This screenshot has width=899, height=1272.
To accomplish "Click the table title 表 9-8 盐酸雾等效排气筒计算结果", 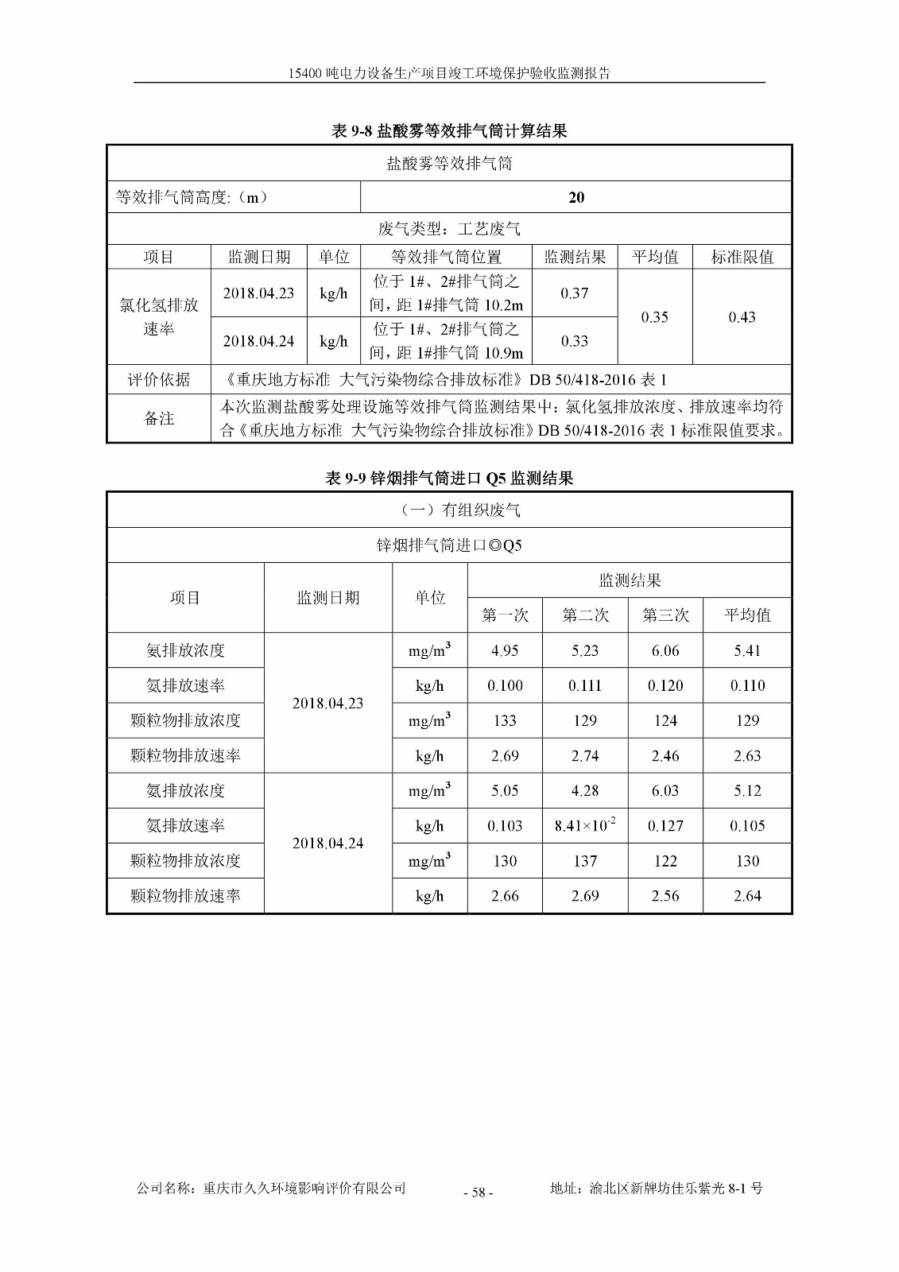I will pyautogui.click(x=449, y=131).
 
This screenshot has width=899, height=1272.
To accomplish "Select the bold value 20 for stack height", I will pyautogui.click(x=576, y=197).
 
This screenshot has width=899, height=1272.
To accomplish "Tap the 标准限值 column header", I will pyautogui.click(x=742, y=257).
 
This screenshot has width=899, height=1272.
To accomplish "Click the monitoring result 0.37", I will pyautogui.click(x=574, y=293).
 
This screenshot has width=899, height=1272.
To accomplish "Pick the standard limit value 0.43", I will pyautogui.click(x=742, y=317).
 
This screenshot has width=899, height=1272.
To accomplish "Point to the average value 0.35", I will pyautogui.click(x=654, y=317).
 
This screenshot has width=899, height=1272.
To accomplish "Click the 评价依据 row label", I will pyautogui.click(x=159, y=379).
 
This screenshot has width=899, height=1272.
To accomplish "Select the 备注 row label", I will pyautogui.click(x=159, y=418).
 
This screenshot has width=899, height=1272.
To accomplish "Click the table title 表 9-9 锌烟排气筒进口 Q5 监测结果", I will pyautogui.click(x=449, y=478).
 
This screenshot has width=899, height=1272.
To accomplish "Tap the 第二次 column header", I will pyautogui.click(x=585, y=615).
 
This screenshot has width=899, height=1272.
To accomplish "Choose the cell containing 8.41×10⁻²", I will pyautogui.click(x=585, y=825).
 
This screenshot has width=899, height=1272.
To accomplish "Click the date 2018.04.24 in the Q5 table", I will pyautogui.click(x=327, y=843).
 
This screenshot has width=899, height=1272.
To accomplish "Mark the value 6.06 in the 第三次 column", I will pyautogui.click(x=665, y=650).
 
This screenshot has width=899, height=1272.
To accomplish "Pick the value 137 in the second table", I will pyautogui.click(x=585, y=861).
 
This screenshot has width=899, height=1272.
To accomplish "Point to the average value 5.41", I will pyautogui.click(x=747, y=650).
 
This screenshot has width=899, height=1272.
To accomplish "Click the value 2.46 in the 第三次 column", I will pyautogui.click(x=665, y=755).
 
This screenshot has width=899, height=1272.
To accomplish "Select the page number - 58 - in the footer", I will pyautogui.click(x=478, y=1192).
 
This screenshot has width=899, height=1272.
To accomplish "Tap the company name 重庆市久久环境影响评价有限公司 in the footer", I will pyautogui.click(x=304, y=1189).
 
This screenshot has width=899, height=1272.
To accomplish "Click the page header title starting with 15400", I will pyautogui.click(x=449, y=73).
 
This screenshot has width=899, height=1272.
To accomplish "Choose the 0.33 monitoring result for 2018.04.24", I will pyautogui.click(x=574, y=341).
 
